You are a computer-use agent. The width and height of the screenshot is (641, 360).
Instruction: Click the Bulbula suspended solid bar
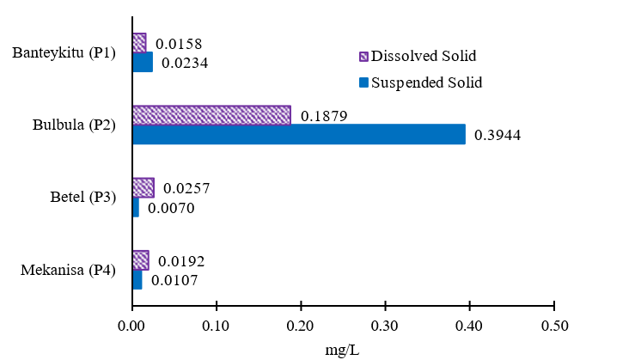click(299, 134)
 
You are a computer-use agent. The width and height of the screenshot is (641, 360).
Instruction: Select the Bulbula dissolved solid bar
click(211, 115)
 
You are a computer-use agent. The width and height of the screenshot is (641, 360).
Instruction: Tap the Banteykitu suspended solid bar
click(143, 62)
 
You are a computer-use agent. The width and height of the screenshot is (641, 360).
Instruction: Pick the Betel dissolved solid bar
click(143, 187)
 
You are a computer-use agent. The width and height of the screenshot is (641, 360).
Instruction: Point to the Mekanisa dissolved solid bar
click(141, 260)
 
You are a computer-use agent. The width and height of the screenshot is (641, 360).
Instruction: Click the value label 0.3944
click(498, 135)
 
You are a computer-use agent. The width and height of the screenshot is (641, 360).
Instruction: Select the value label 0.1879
click(323, 116)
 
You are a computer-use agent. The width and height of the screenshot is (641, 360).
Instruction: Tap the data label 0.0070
click(170, 207)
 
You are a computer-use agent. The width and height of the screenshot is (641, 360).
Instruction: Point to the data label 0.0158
click(178, 44)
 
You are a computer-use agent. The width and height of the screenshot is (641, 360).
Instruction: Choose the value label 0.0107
click(174, 280)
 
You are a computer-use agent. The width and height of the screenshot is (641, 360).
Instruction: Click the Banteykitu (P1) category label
click(64, 53)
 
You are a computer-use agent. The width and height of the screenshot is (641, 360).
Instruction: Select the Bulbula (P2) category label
click(73, 125)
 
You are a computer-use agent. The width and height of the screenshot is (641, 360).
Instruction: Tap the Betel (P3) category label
click(82, 198)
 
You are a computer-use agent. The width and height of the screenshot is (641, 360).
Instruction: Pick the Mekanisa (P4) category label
click(67, 271)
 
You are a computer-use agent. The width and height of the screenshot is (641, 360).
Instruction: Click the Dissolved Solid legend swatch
click(363, 57)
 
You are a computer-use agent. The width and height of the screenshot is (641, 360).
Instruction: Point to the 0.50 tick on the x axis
click(554, 327)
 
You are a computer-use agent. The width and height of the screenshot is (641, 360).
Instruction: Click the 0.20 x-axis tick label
click(300, 327)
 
